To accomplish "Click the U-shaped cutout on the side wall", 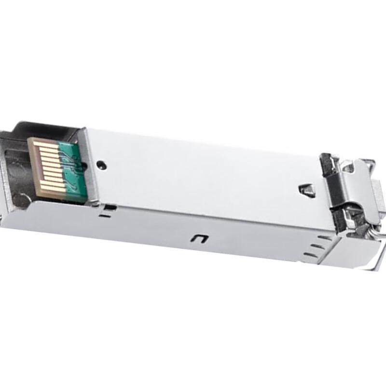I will click(198, 238).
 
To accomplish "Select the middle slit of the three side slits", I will click(314, 245).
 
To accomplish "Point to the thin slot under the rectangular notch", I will click(104, 217).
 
